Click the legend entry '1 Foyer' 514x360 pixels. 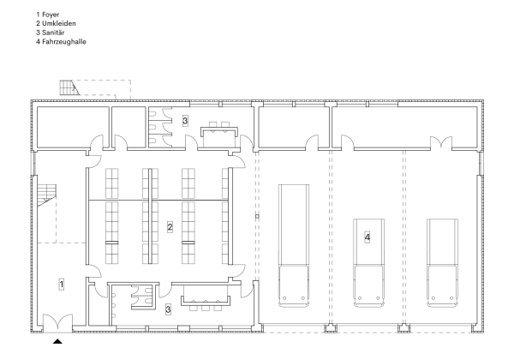(x=48, y=15)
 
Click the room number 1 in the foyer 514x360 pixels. (x=61, y=284)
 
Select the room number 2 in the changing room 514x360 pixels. (x=170, y=227)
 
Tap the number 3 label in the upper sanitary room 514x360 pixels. (x=185, y=121)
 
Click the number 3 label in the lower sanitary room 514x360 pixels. (x=168, y=308)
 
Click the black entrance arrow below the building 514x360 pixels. (x=58, y=341)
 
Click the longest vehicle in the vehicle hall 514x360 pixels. (x=294, y=244)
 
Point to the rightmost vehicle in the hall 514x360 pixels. (x=444, y=261)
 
